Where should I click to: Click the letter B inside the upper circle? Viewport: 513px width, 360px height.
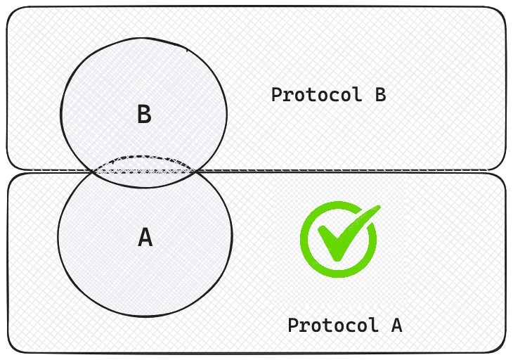click(x=144, y=115)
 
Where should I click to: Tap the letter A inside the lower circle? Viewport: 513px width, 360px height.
click(x=145, y=238)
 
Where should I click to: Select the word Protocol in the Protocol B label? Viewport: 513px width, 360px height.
click(x=313, y=95)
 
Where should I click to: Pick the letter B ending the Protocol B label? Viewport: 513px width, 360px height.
click(x=379, y=95)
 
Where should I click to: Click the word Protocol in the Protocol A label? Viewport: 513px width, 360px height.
click(x=330, y=326)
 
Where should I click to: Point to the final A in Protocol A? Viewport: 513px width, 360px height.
click(x=396, y=326)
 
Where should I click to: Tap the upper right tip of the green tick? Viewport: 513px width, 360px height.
click(x=378, y=207)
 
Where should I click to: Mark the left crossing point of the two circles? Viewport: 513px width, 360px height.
click(x=96, y=171)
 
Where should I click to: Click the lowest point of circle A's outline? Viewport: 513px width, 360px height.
click(x=144, y=316)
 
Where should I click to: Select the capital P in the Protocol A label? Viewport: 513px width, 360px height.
click(x=293, y=326)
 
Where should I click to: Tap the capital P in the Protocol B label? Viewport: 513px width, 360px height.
click(x=277, y=95)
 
